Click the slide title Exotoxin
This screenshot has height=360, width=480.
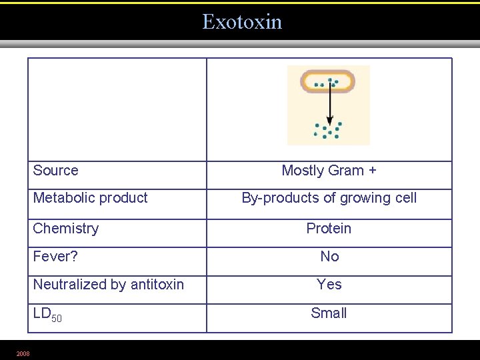242,22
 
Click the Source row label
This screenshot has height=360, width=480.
55,171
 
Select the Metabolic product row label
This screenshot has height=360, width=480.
90,198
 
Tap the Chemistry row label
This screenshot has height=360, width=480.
65,229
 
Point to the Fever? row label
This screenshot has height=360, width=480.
55,257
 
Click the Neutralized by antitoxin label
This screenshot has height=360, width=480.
108,285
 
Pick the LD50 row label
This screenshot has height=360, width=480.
47,314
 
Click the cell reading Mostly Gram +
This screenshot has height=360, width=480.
329,171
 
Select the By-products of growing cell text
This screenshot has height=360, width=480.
329,198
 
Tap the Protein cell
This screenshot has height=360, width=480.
329,229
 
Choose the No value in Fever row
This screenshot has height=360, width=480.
329,257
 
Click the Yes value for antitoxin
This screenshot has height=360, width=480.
329,285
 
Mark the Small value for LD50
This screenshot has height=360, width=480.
329,313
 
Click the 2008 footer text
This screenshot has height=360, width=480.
23,353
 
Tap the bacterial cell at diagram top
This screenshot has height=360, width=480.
327,82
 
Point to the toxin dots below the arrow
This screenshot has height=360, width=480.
327,130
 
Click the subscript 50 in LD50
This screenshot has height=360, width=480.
57,319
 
